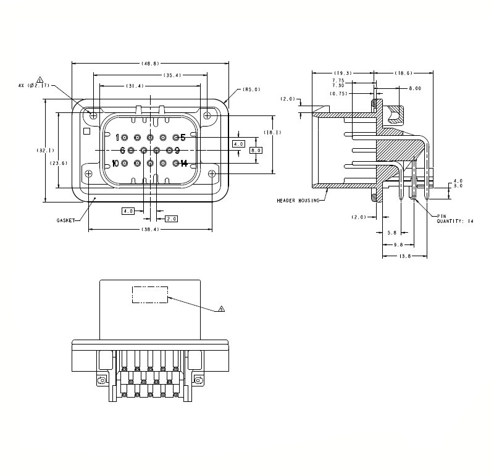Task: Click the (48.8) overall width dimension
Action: click(150, 64)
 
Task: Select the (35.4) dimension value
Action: click(172, 75)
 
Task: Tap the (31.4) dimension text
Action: click(135, 86)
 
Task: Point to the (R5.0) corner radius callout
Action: click(251, 90)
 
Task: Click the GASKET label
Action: click(66, 220)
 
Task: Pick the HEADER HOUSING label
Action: click(298, 201)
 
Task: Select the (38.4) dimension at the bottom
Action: click(150, 229)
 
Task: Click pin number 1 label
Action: click(117, 138)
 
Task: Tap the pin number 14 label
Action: click(183, 163)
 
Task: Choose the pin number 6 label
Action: click(122, 151)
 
